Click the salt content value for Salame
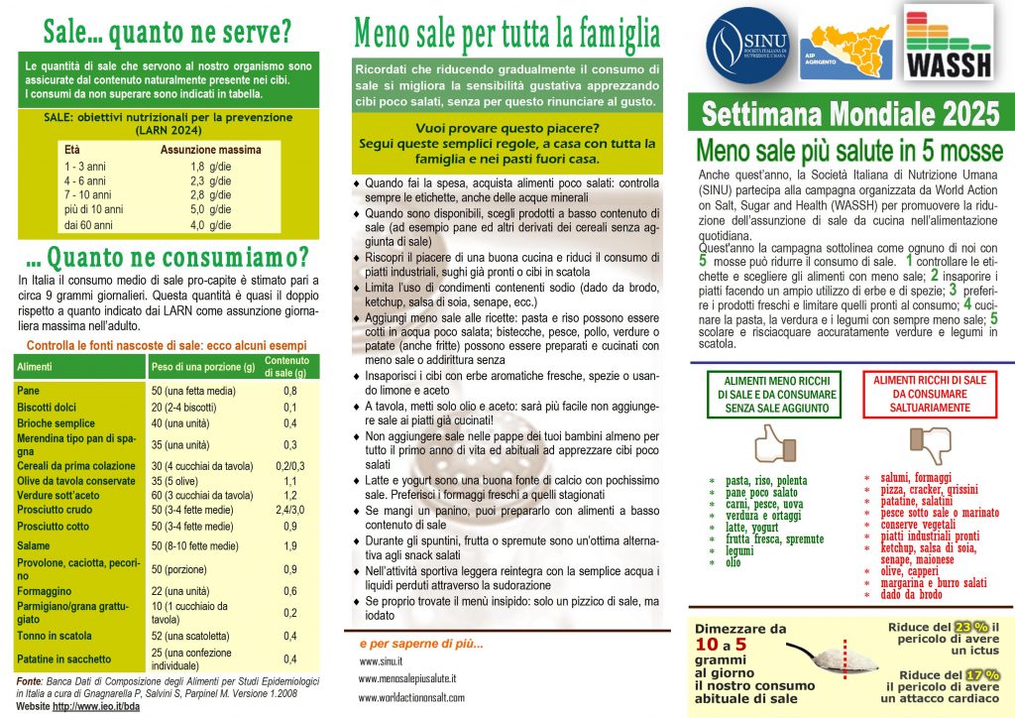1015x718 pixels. [x=290, y=545]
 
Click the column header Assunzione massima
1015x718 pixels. [x=210, y=149]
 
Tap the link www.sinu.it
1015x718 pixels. [x=382, y=661]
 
